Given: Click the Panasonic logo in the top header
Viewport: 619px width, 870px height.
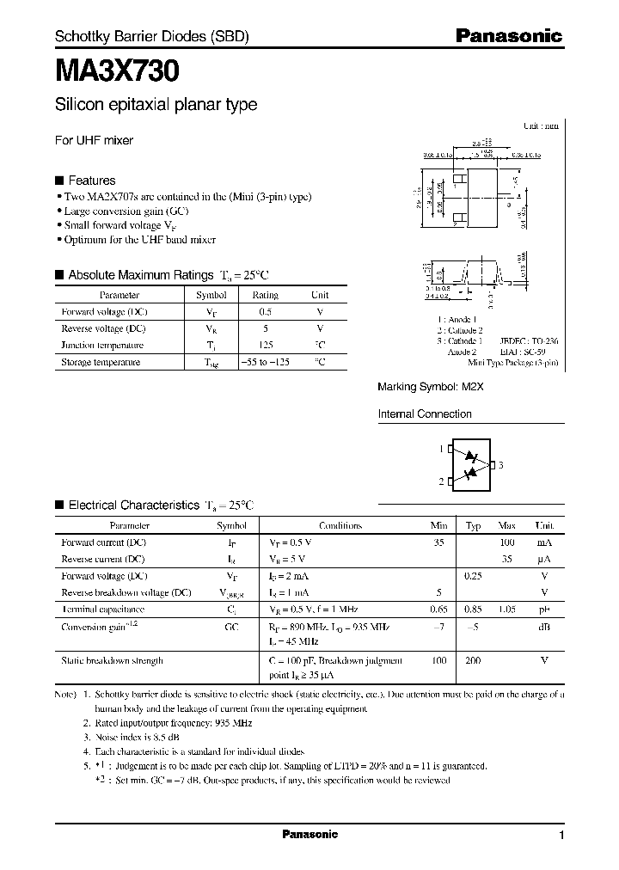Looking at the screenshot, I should pos(508,36).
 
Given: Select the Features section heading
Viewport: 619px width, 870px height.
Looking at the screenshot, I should pos(91,181).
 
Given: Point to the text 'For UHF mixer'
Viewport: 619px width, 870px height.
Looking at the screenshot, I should pos(94,140).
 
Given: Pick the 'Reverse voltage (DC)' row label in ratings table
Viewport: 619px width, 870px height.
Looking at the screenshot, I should pos(103,328).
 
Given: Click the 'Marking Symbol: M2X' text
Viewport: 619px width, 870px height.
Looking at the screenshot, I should pos(431,388).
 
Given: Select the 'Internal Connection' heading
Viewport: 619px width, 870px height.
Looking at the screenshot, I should pos(425,414).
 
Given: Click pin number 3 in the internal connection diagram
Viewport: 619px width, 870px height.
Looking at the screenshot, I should pos(500,465).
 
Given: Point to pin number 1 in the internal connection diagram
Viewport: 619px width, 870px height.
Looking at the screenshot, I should pos(441,450).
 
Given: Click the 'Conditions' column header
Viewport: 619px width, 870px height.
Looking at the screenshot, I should pos(340,525).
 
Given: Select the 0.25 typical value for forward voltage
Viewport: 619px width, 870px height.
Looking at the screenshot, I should pos(473,576).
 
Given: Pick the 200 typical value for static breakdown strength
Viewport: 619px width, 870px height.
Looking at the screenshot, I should pos(473,660).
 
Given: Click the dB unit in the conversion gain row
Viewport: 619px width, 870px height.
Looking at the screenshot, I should pos(543,626).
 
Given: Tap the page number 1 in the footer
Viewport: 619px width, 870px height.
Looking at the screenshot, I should pos(561,836).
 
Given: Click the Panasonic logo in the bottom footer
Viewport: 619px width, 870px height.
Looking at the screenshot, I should pos(309,835).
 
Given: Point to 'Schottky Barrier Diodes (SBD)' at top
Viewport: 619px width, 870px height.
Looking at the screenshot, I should pos(151,37).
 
